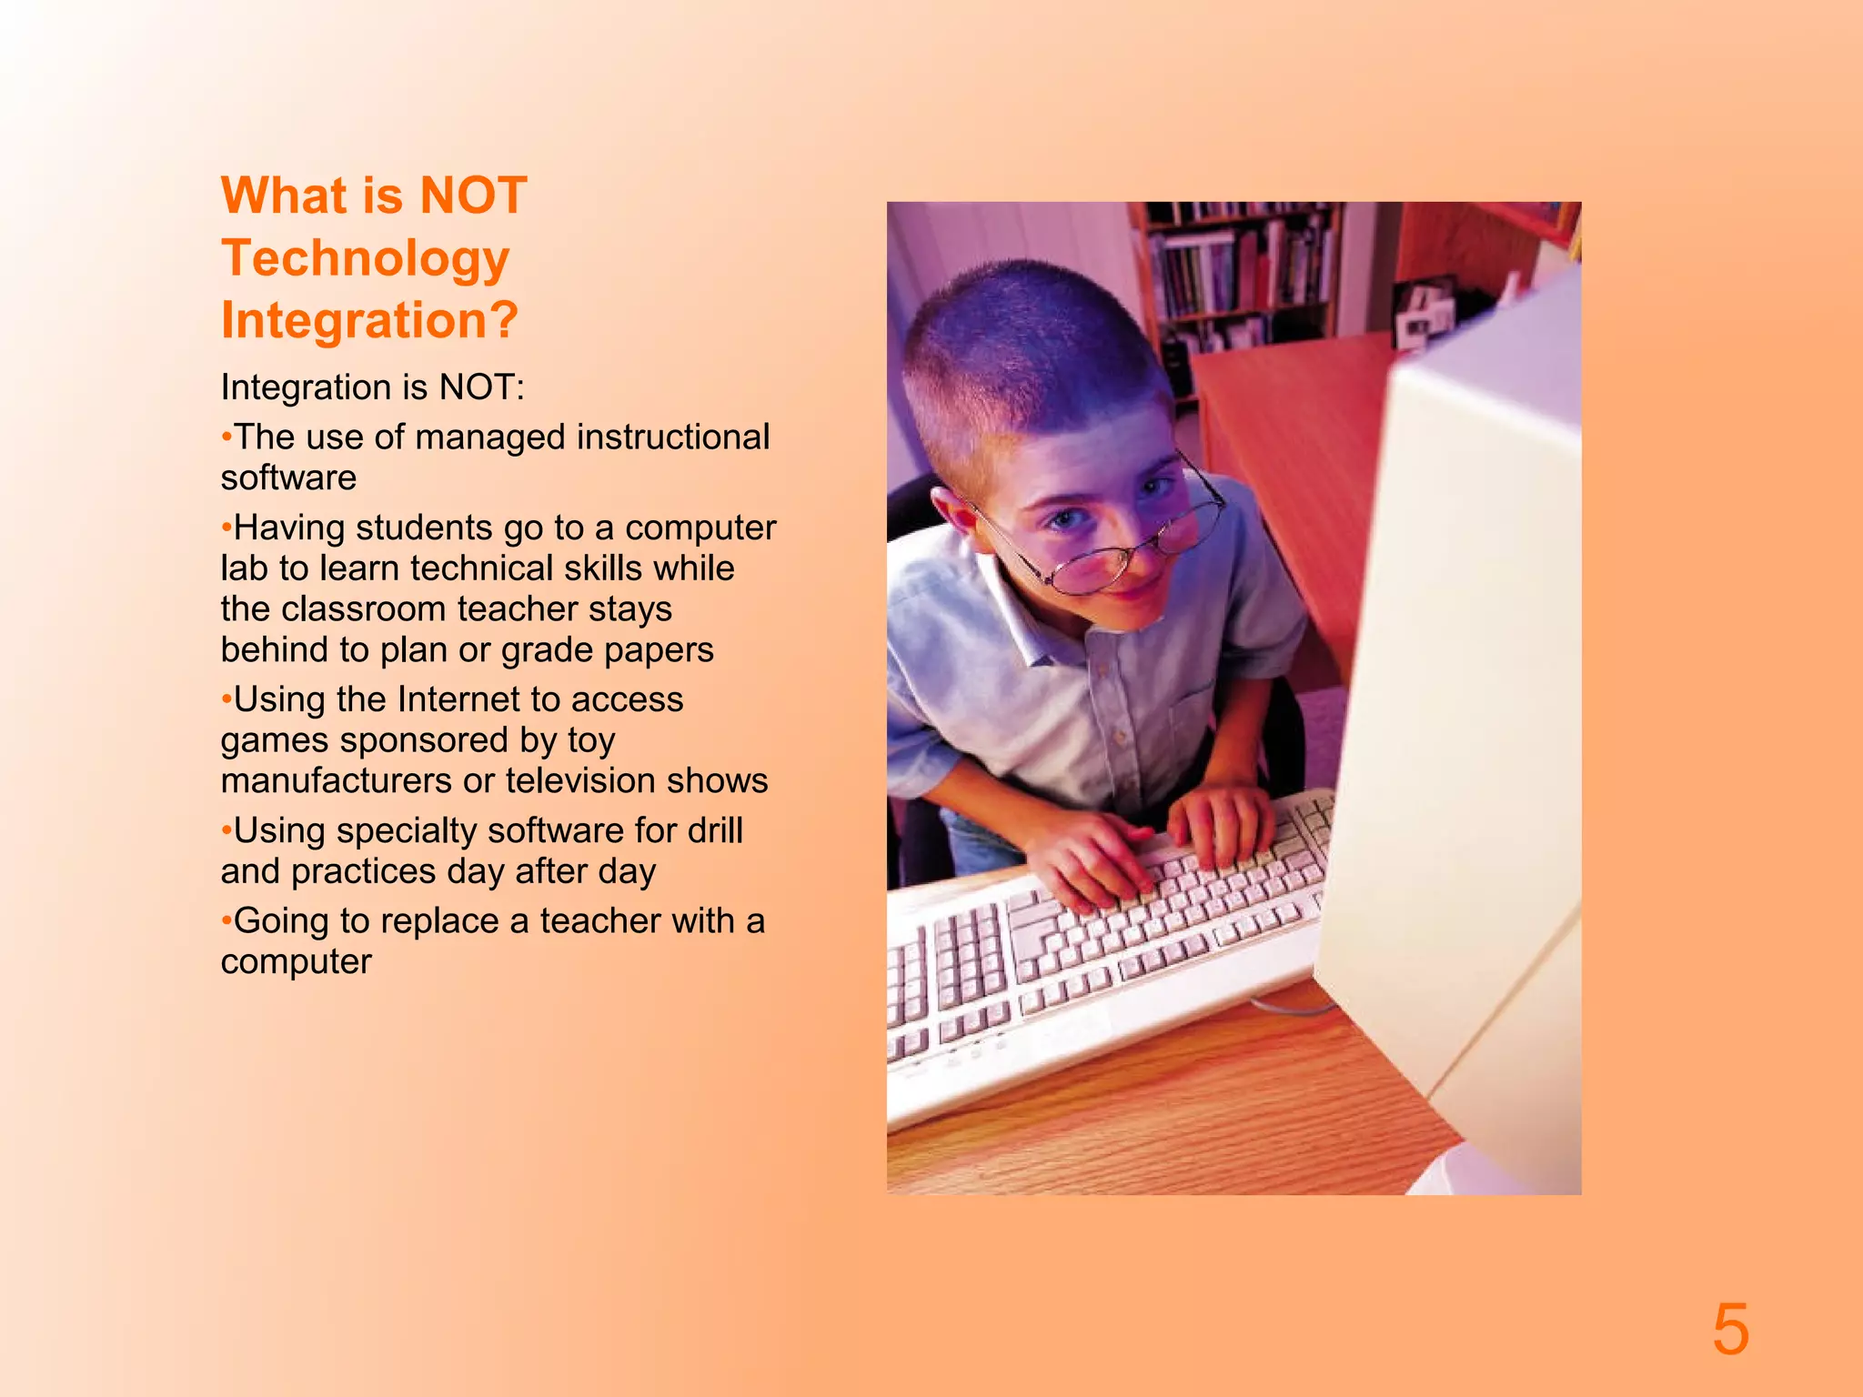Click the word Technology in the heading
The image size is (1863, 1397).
click(366, 259)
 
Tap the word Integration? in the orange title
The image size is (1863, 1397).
click(369, 321)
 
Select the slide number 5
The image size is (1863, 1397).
click(1730, 1330)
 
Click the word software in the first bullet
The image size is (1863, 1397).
click(288, 478)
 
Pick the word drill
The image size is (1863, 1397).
click(715, 831)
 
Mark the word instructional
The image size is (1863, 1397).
click(672, 437)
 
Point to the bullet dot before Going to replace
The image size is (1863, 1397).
click(227, 921)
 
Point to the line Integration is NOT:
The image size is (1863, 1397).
click(372, 388)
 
